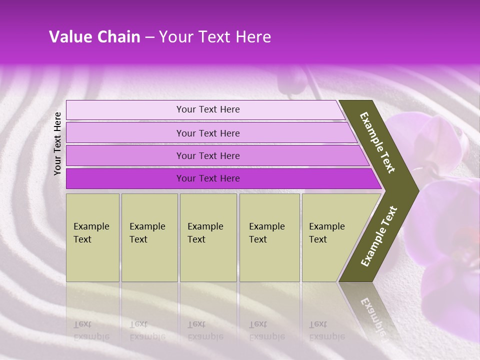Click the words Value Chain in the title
tap(94, 37)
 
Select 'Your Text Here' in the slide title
tap(215, 37)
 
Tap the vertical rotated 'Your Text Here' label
tap(57, 143)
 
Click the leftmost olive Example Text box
tap(92, 237)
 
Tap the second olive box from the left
tap(149, 237)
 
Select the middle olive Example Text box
tap(208, 237)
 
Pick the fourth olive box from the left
tap(269, 237)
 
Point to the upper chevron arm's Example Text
tap(377, 142)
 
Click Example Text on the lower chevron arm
tap(379, 236)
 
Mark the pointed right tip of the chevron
tap(416, 190)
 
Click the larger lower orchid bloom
tap(447, 250)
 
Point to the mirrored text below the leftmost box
tap(91, 330)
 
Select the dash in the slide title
tap(149, 37)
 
